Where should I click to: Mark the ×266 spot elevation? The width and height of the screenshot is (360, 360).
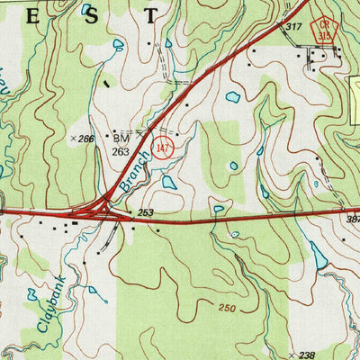coord(83,139)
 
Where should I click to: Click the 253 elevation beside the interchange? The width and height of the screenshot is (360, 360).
coord(146,212)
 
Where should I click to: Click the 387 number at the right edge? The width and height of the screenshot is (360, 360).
coord(352,220)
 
